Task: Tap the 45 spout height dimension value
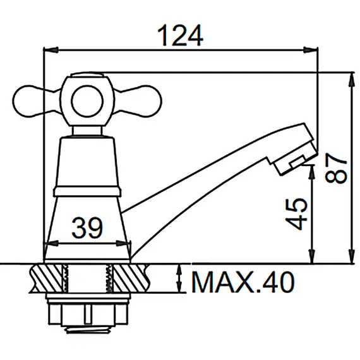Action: (296, 213)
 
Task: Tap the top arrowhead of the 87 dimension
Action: (352, 76)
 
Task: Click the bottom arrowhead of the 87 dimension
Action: (352, 260)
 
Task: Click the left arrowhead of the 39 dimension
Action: (48, 244)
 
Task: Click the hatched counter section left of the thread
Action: (47, 278)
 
